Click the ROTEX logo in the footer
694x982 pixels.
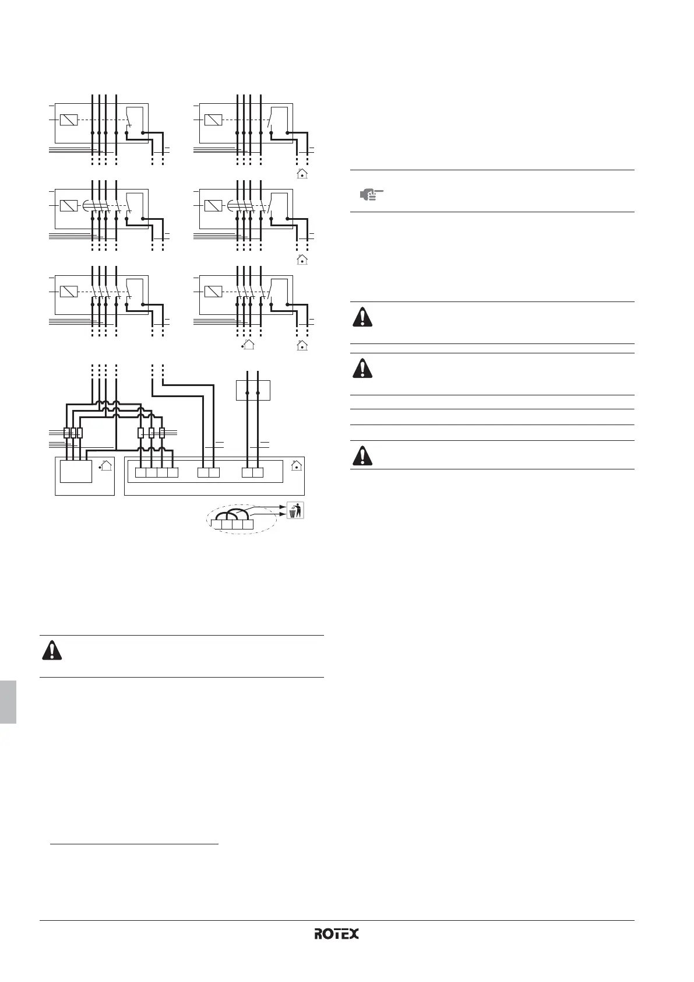point(336,934)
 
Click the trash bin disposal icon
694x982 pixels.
point(295,510)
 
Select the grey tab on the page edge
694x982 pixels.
point(8,702)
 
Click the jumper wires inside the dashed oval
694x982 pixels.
point(232,514)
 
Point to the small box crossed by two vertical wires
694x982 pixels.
point(253,390)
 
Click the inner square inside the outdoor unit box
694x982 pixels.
point(76,471)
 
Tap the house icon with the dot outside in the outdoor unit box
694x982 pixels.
point(105,465)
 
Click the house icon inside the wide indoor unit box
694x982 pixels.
point(297,465)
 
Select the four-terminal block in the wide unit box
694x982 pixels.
point(157,472)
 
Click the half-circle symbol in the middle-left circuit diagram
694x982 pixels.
point(86,205)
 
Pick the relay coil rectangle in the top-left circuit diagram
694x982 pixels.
point(69,120)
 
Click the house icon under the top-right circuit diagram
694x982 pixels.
point(302,174)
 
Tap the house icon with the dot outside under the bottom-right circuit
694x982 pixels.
point(248,345)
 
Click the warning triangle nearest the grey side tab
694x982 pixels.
point(52,650)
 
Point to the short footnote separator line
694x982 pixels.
point(134,843)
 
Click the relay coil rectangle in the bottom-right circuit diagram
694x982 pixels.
point(213,292)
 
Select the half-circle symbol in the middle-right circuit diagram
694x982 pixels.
point(231,205)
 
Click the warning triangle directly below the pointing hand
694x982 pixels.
point(362,317)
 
